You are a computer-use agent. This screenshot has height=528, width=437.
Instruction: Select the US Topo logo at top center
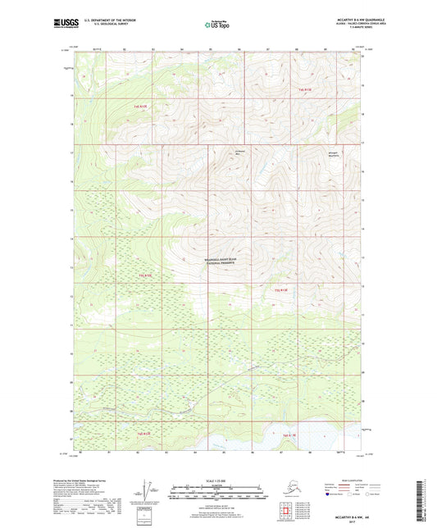pyautogui.click(x=218, y=26)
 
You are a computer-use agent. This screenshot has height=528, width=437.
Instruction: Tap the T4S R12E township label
pyautogui.click(x=305, y=89)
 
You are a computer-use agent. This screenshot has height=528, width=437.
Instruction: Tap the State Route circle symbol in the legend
pyautogui.click(x=366, y=495)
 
